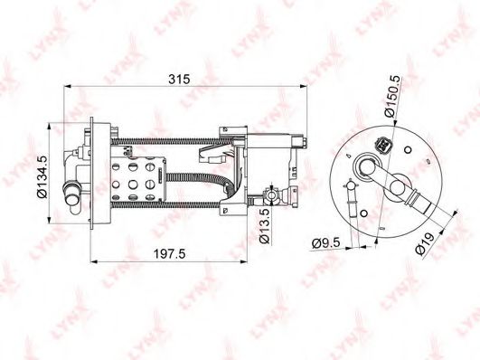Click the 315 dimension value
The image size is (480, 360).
click(179, 79)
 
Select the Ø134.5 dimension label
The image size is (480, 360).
click(42, 176)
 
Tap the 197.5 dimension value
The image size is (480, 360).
click(169, 254)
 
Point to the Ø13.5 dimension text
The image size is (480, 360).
click(265, 226)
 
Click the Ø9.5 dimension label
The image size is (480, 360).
click(326, 243)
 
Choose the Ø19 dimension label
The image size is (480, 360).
click(425, 243)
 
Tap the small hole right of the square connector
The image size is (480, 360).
click(408, 150)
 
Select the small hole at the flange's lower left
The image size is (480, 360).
click(364, 213)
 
